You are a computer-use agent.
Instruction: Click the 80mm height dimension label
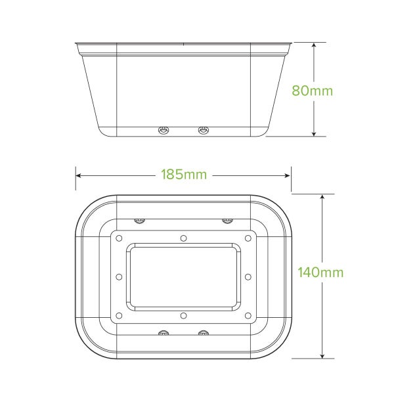click(x=312, y=91)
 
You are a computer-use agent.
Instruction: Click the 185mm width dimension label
click(x=184, y=175)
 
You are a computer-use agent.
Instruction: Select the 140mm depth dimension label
click(x=320, y=272)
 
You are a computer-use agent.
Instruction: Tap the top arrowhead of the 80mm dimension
click(x=314, y=45)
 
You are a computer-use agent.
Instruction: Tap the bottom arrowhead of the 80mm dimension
click(x=314, y=133)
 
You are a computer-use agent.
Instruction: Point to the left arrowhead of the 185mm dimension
click(x=78, y=175)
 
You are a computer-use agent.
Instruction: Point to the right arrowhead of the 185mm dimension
click(x=288, y=175)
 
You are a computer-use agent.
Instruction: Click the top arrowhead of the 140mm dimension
click(x=322, y=197)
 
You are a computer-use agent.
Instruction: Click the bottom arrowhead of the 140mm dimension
click(x=322, y=355)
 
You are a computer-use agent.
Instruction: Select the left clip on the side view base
click(x=164, y=130)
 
